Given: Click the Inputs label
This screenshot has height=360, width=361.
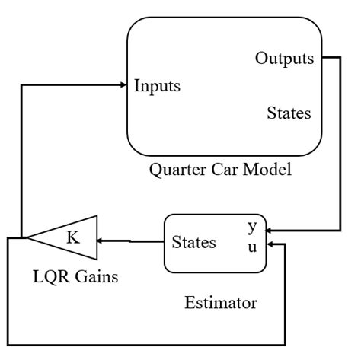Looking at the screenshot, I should pyautogui.click(x=158, y=84).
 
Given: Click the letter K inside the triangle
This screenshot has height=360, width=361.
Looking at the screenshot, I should pyautogui.click(x=72, y=237).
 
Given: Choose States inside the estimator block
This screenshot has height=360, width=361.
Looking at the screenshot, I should pyautogui.click(x=193, y=243).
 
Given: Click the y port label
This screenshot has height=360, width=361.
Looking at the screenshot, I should pyautogui.click(x=252, y=227).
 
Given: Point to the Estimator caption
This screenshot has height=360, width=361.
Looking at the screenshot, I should pyautogui.click(x=221, y=304).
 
